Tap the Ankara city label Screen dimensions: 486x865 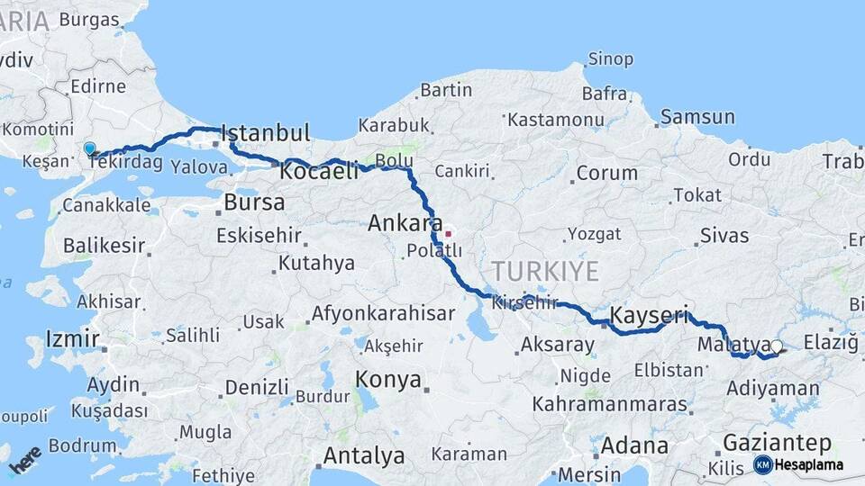405,223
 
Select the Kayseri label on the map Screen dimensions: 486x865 650,316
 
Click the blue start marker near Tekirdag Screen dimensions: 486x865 89,148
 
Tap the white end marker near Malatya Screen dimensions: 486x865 776,346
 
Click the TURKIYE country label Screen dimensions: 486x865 544,271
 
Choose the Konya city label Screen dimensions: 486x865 388,380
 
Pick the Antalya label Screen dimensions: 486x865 363,455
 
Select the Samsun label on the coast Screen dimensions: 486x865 697,117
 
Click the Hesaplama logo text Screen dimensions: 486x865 809,464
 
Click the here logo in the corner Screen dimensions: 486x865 24,463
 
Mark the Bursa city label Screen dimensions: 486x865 254,202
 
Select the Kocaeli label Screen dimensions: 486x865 319,171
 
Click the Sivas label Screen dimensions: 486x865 724,236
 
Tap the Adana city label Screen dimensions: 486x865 634,445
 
